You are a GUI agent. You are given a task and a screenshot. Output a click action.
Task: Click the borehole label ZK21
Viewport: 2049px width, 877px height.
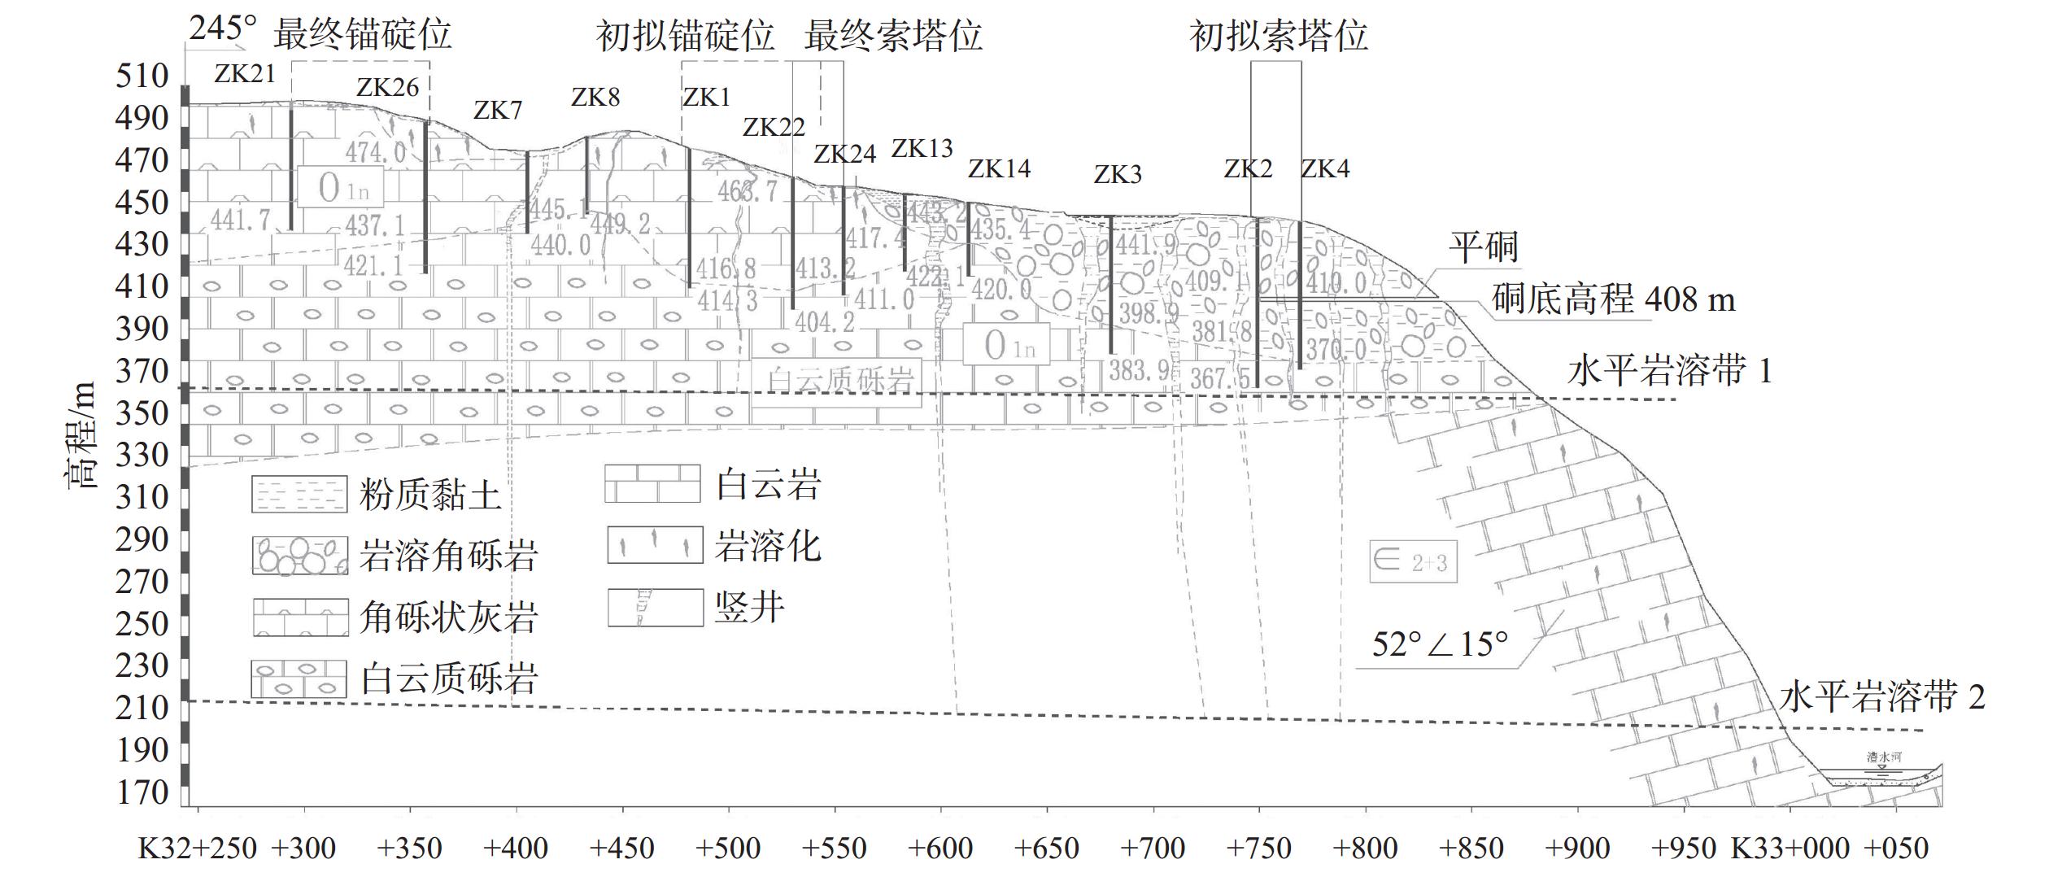coord(245,74)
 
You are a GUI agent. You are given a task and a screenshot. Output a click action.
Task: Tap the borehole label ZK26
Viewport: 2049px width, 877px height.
coord(387,87)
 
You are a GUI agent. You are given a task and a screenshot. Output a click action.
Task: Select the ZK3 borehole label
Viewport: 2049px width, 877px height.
coord(1117,174)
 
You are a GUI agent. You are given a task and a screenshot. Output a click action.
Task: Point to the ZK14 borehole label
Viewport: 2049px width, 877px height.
coord(999,168)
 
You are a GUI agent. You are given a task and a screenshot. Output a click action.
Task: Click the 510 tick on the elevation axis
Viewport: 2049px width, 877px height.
coord(142,76)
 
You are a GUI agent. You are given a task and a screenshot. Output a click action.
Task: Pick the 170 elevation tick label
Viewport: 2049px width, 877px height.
coord(142,792)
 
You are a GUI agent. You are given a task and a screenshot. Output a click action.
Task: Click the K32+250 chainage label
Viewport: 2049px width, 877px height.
coord(198,849)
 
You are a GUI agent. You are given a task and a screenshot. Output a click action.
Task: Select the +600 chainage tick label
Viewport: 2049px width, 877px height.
coord(940,849)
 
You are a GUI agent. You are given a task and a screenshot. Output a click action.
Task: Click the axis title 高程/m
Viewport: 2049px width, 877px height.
coord(81,434)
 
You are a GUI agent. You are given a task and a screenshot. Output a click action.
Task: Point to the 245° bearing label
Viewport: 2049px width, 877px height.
coord(223,28)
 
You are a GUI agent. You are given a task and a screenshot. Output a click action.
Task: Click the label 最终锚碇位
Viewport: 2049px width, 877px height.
coord(362,35)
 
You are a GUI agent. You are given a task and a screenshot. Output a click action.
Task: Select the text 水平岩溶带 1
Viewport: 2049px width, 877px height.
coord(1668,371)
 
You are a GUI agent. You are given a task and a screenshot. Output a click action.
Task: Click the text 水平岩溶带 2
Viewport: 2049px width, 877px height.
coord(1881,696)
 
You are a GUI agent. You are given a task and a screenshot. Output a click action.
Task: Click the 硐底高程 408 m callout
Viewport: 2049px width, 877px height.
coord(1613,299)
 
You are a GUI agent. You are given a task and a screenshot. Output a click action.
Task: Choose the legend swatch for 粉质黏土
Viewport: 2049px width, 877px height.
coord(299,494)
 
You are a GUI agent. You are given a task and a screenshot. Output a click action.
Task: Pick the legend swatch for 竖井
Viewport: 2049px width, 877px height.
coord(655,608)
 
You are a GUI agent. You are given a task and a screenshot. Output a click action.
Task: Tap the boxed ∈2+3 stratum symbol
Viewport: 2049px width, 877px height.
coord(1413,561)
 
